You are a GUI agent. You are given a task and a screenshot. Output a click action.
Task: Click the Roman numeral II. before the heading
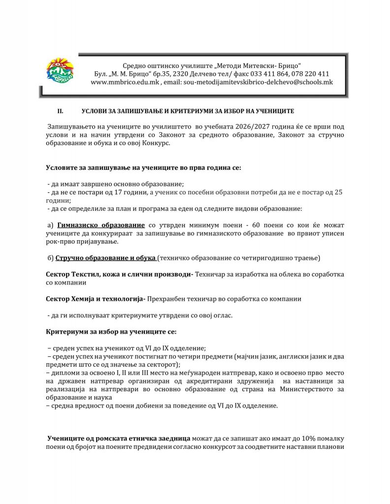click(x=61, y=112)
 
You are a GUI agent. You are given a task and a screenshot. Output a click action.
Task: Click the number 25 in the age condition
click(x=338, y=192)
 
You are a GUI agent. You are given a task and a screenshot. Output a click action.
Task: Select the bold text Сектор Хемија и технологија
click(x=94, y=299)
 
